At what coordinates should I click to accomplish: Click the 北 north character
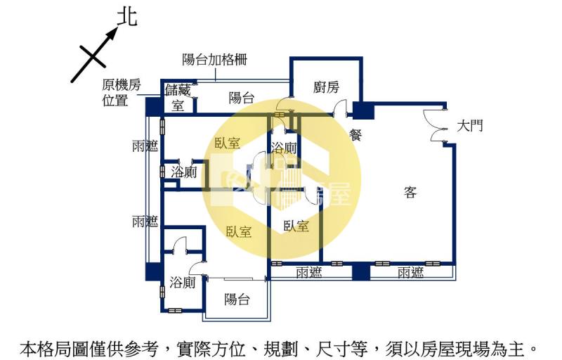(126, 17)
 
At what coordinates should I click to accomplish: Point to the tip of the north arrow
(117, 30)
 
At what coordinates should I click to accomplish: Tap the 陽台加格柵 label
(214, 60)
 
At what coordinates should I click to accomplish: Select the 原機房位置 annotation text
(122, 93)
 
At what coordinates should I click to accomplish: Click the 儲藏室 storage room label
(178, 98)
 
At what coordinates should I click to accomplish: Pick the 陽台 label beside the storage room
(242, 98)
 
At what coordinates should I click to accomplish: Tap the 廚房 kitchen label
(327, 87)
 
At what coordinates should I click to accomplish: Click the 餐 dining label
(355, 136)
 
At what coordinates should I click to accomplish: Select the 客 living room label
(410, 191)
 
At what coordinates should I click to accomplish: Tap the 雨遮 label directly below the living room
(410, 273)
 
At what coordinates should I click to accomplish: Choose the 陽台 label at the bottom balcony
(237, 300)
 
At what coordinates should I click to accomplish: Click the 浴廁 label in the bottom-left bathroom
(183, 283)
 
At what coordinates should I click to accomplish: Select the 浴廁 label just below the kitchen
(284, 148)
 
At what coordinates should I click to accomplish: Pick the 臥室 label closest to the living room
(296, 226)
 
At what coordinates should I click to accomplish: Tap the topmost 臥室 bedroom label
(228, 143)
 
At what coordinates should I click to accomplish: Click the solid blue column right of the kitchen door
(363, 111)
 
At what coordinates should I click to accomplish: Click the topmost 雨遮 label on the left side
(145, 146)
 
